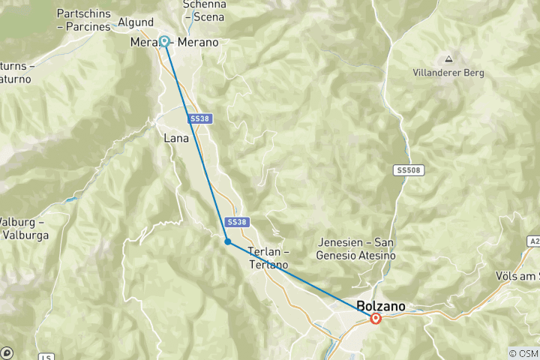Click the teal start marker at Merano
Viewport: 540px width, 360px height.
click(163, 41)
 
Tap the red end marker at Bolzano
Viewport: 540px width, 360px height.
click(376, 319)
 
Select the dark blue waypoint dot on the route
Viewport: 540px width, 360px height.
click(227, 241)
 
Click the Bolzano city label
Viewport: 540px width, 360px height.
click(381, 306)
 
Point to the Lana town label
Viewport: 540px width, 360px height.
click(175, 139)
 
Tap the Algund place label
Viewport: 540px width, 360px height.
click(135, 22)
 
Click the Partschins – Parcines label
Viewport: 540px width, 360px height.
click(83, 20)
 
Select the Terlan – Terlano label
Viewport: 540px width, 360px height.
click(268, 258)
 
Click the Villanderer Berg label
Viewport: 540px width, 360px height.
click(448, 73)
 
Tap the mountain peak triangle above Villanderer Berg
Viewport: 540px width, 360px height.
click(448, 58)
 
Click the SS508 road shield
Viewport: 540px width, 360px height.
click(409, 171)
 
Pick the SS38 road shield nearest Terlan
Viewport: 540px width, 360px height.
click(235, 222)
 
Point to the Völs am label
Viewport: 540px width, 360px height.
click(517, 276)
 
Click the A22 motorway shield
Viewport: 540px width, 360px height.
click(532, 242)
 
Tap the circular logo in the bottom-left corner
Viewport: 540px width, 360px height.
click(7, 352)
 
